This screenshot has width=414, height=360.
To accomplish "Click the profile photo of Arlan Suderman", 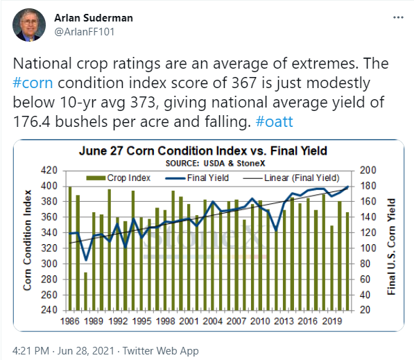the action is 29,25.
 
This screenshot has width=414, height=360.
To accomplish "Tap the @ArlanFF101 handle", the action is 84,32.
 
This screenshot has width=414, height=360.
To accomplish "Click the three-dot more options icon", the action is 398,17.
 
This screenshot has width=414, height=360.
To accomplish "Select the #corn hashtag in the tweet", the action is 33,83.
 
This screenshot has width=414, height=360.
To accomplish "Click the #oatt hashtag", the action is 275,122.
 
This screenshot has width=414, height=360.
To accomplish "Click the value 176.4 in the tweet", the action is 31,122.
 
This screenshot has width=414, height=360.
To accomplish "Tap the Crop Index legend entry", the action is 119,178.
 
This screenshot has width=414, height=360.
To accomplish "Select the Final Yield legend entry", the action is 197,178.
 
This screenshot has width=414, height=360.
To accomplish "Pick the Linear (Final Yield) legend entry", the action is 291,178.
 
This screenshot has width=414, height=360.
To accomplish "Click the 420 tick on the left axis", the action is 49,171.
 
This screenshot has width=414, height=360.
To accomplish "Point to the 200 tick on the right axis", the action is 368,171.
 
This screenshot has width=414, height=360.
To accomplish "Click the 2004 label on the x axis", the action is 212,321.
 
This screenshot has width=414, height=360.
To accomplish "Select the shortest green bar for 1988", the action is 85,291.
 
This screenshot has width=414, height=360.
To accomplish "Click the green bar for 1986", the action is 70,248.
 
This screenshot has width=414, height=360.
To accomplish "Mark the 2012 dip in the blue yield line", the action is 276,230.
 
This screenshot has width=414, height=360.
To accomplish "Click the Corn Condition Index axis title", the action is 27,241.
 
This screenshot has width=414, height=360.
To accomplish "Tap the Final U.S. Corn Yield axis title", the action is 391,246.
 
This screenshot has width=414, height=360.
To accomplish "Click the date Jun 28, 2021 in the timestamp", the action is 86,351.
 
